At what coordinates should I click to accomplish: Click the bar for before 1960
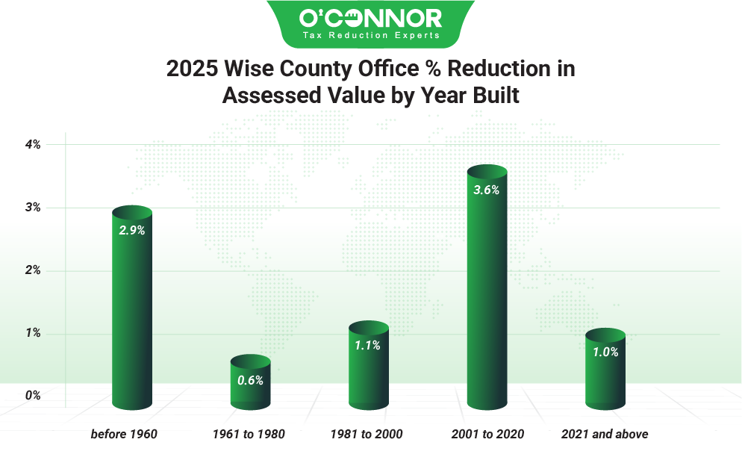(x=131, y=314)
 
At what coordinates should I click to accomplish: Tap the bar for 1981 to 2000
(x=369, y=370)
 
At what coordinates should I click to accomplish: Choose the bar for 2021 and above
(x=605, y=373)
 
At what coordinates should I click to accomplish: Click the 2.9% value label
(x=131, y=231)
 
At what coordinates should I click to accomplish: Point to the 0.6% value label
(x=250, y=380)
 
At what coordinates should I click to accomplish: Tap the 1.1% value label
(x=369, y=346)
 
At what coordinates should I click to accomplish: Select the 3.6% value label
(x=487, y=190)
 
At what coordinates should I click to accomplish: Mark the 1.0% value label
(x=605, y=352)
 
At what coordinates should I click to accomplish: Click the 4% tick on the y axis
(x=33, y=144)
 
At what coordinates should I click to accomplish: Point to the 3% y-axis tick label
(x=33, y=208)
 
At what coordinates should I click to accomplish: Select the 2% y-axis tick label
(x=33, y=270)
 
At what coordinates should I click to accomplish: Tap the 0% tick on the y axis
(x=33, y=396)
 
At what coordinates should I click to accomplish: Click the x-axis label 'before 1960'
(x=124, y=434)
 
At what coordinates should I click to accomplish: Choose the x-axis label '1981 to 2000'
(x=367, y=434)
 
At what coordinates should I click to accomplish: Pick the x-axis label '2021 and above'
(x=605, y=434)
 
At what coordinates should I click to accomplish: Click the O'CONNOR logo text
(x=370, y=17)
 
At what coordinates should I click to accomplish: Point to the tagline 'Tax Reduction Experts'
(x=370, y=35)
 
